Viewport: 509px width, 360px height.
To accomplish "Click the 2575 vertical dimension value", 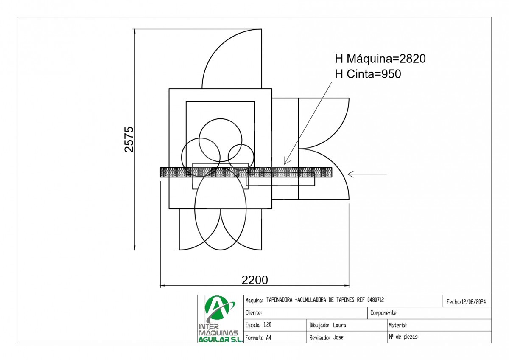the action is pos(129,139).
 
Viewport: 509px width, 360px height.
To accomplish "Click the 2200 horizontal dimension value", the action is pos(255,280).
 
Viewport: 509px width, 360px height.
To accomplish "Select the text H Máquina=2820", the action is pos(380,59).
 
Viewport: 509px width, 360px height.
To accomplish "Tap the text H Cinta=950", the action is pos(368,74).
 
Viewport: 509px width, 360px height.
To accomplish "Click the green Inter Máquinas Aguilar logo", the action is pos(220,319).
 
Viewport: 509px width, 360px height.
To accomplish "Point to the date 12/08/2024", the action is pos(473,302).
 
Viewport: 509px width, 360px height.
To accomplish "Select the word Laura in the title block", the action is pos(339,325).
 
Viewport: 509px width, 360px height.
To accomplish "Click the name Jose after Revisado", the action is pos(338,337).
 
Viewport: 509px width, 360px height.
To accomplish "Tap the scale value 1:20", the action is pos(268,325).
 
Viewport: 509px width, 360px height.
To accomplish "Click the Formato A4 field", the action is pos(258,338).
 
